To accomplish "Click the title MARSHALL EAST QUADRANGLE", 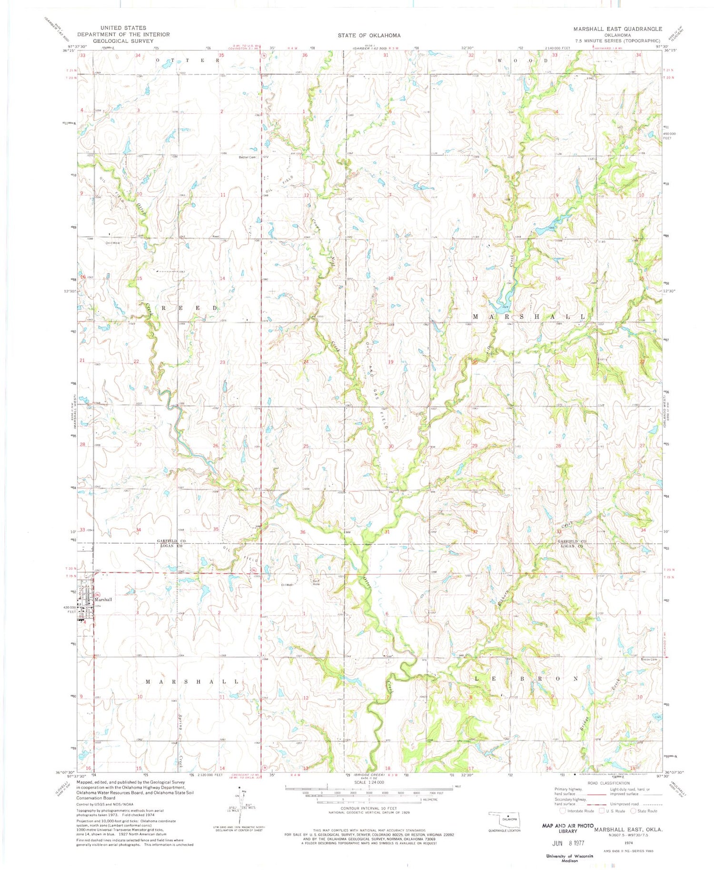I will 617,29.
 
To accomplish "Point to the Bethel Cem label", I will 248,157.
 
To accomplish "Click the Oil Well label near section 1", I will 289,585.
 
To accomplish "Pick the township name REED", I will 190,308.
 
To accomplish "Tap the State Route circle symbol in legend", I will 634,811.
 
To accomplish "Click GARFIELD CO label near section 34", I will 172,541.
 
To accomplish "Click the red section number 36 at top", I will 305,55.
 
